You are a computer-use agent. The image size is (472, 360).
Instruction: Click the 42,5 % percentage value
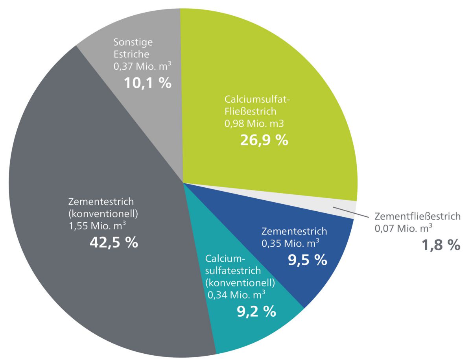[114, 242]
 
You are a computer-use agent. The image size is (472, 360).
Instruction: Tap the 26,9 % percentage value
[264, 140]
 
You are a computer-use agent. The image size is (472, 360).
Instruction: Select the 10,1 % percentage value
[147, 83]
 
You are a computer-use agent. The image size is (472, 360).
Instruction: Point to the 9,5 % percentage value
[308, 260]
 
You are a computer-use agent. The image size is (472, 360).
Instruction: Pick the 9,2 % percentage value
[256, 312]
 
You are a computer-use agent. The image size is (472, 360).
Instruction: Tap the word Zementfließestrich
[417, 216]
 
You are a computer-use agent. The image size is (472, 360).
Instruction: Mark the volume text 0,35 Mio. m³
[290, 244]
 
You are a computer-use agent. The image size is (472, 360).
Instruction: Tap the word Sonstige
[133, 42]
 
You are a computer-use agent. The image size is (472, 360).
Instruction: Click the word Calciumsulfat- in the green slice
[257, 99]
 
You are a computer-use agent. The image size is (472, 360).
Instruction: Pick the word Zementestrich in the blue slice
[294, 231]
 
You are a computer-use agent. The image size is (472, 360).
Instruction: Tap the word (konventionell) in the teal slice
[240, 282]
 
